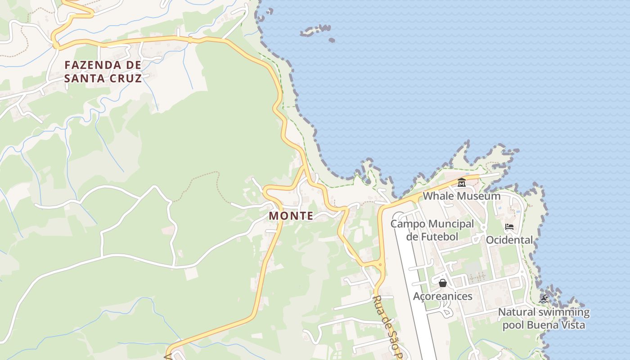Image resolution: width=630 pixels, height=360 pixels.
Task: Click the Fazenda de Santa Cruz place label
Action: (x=103, y=72)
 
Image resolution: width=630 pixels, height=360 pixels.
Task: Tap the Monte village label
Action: (x=291, y=216)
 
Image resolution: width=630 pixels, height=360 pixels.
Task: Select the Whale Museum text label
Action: (x=461, y=196)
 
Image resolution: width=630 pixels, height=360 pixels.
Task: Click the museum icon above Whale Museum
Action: (x=461, y=183)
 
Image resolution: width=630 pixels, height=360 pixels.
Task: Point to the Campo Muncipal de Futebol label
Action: (x=432, y=230)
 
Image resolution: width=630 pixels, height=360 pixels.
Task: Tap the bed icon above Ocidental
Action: (x=509, y=227)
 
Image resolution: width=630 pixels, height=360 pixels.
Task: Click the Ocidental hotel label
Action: (x=509, y=240)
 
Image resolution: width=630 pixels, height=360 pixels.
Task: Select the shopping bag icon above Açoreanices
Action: (x=443, y=283)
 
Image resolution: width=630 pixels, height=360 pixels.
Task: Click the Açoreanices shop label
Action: (x=443, y=296)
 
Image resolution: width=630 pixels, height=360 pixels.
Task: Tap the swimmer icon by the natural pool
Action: (x=544, y=299)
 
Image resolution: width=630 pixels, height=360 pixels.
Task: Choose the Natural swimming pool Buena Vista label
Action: (x=544, y=318)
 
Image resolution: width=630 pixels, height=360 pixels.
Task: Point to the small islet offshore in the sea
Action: (x=315, y=31)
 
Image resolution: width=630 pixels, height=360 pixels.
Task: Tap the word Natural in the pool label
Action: (x=516, y=312)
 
